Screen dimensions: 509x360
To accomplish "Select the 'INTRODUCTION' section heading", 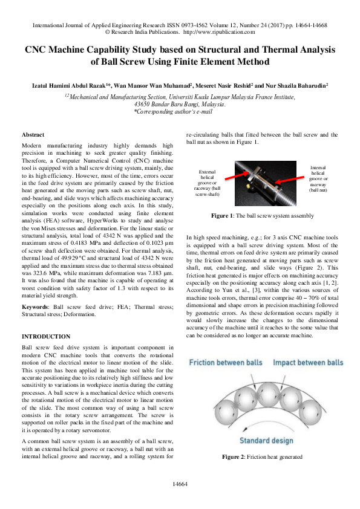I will coord(46,336).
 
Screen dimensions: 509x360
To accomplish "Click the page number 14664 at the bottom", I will coord(180,484).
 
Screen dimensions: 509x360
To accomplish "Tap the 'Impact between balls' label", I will coord(307,363).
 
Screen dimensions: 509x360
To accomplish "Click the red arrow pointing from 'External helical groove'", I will coord(237,177).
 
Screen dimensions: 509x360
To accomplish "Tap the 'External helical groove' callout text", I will coord(208,183).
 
